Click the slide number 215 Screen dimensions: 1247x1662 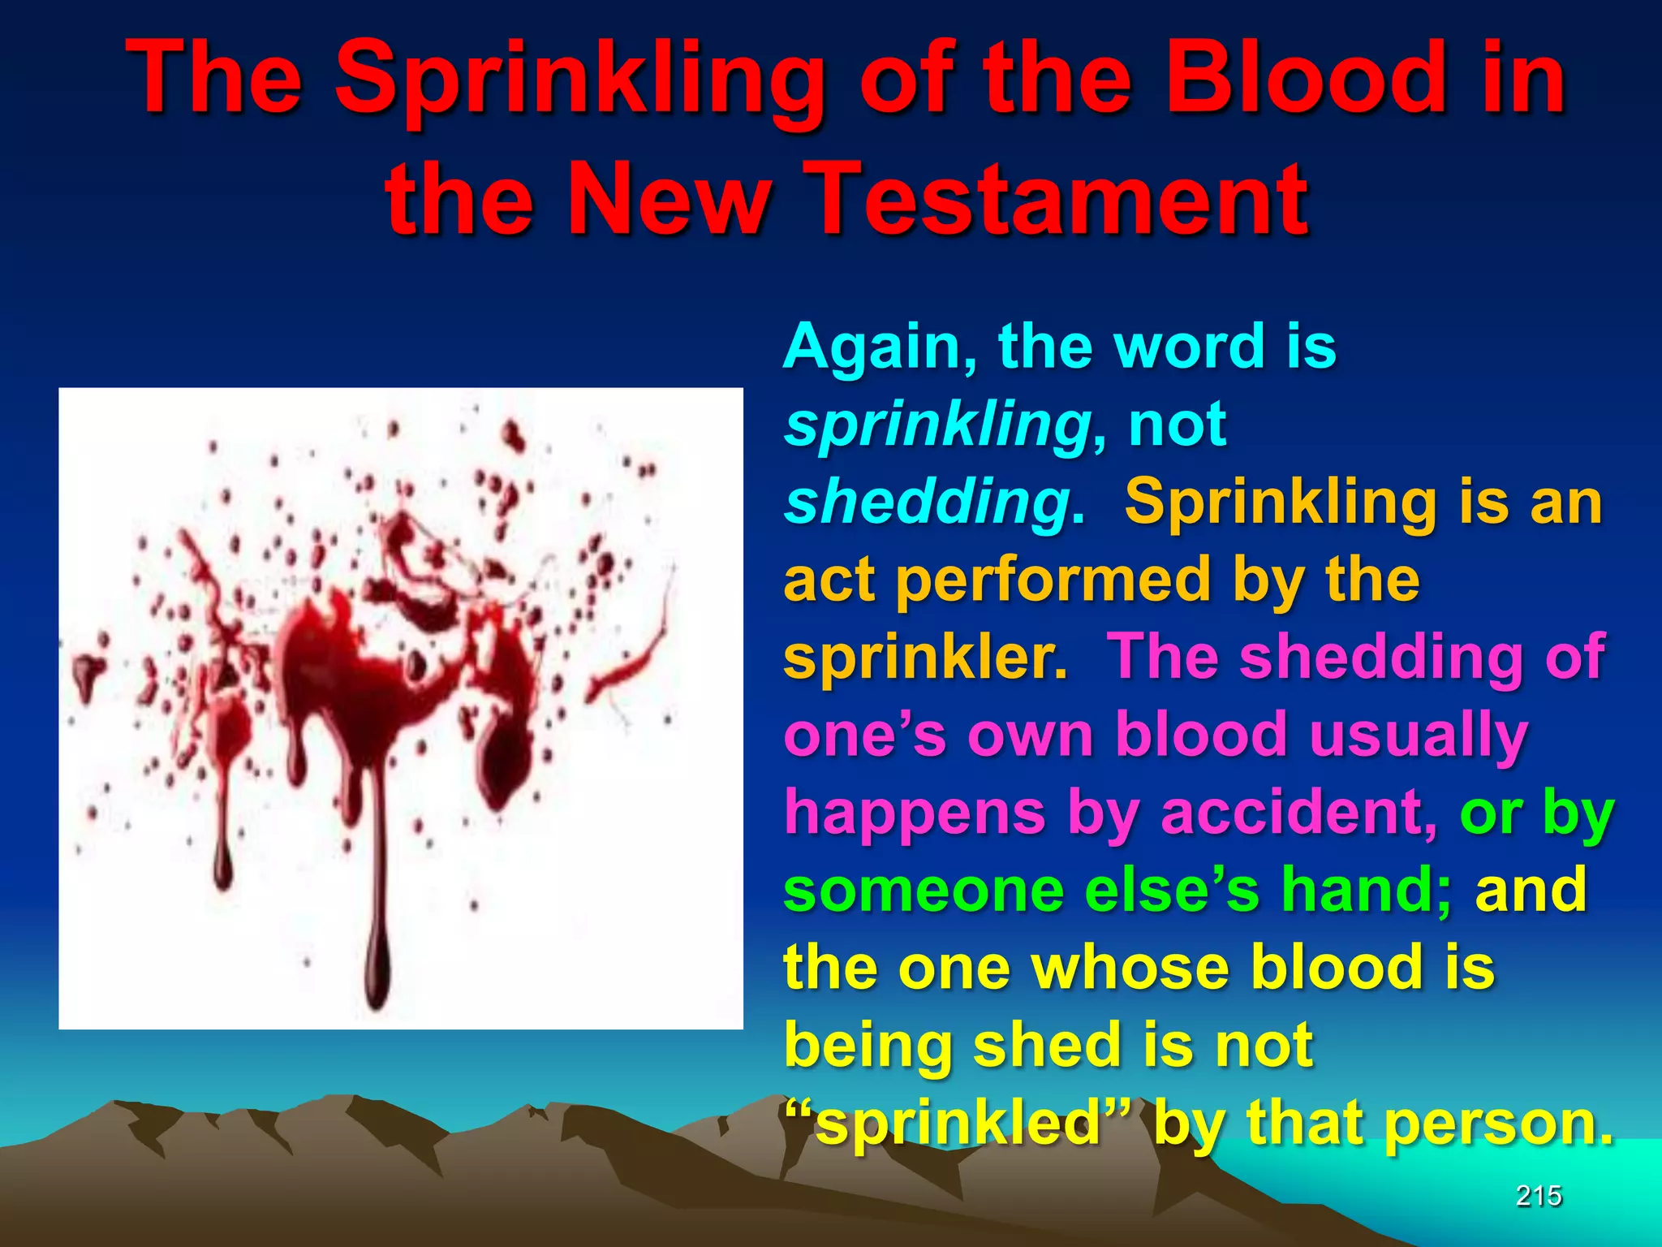tap(1538, 1195)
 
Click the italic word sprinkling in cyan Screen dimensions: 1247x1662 tap(937, 426)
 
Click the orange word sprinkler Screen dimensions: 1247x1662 tap(924, 657)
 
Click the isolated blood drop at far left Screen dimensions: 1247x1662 tap(85, 670)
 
